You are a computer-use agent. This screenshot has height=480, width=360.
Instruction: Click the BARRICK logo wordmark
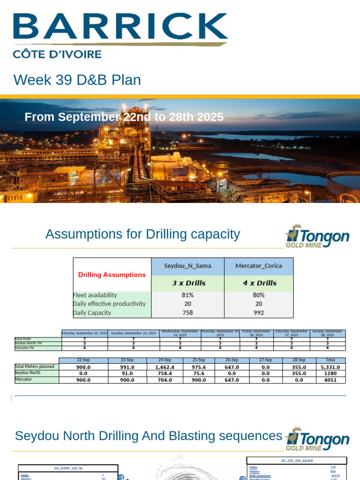pos(120,27)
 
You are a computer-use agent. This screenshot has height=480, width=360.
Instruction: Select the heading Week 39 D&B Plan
pos(77,80)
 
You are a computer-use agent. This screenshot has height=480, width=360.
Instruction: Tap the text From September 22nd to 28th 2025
pos(124,117)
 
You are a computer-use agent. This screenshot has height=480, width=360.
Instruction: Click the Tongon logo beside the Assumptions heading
pos(317,236)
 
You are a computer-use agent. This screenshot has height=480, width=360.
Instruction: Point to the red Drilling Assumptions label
pos(112,275)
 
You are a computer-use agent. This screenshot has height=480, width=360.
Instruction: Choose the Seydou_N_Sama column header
pos(187,266)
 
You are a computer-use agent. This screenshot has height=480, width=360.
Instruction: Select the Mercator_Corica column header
pos(259,266)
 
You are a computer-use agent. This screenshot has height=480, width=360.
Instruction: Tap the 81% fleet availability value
pos(187,295)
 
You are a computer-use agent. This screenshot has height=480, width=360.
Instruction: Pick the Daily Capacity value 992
pos(259,313)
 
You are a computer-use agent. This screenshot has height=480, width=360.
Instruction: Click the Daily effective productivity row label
pos(110,304)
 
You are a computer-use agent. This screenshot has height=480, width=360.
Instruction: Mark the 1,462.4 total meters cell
pos(164,367)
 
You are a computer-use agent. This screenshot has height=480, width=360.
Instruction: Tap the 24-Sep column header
pos(164,360)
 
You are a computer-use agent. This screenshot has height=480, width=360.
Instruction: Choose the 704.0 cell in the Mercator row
pos(164,380)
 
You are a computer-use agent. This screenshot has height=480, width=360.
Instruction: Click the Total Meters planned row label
pos(34,367)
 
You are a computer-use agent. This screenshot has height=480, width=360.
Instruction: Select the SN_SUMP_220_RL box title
pos(68,468)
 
